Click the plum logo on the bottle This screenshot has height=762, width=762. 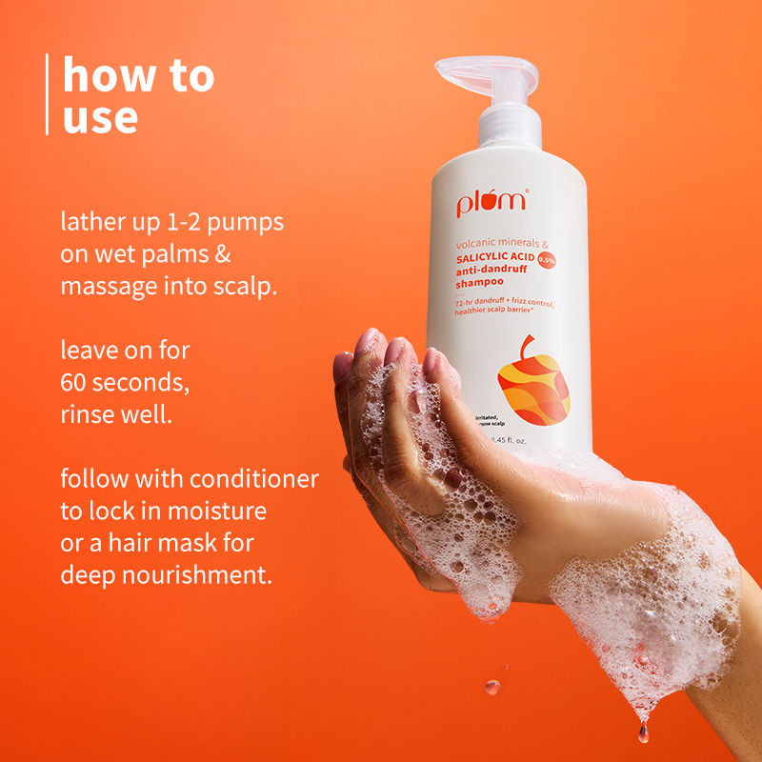click(491, 205)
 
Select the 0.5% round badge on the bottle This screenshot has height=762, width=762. click(546, 258)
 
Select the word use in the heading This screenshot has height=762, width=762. click(100, 117)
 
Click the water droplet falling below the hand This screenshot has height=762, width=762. click(491, 686)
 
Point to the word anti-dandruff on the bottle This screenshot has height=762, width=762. click(482, 271)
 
